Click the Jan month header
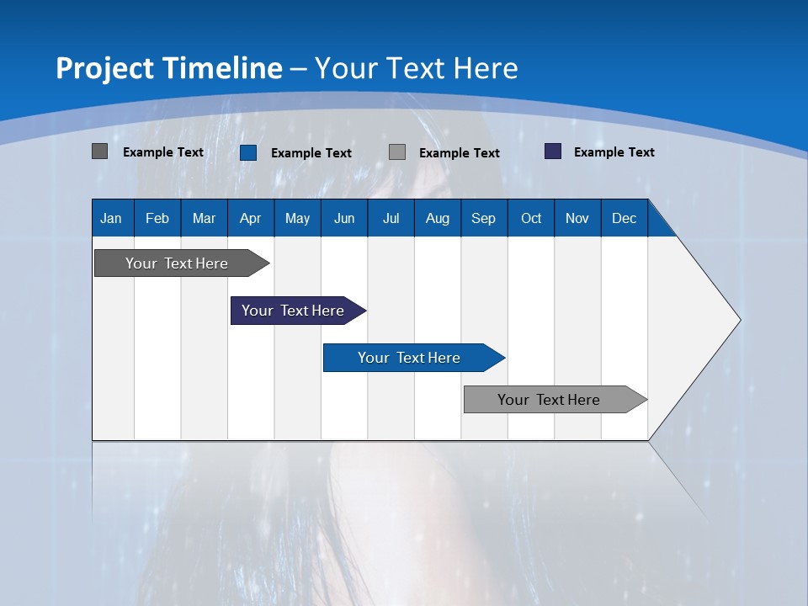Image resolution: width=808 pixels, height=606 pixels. [x=112, y=218]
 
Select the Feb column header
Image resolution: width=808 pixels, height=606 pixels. [x=157, y=218]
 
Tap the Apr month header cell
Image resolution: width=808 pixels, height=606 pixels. [x=251, y=218]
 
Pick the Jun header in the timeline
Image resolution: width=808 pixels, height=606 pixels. [x=344, y=218]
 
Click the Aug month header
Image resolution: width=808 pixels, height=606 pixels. [x=438, y=218]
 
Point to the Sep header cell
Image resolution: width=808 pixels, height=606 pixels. [x=484, y=218]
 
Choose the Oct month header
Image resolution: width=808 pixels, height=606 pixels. [x=531, y=218]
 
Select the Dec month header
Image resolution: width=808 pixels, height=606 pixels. [x=625, y=218]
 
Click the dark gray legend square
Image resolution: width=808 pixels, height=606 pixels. [x=100, y=151]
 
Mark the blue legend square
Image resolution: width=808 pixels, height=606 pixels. [x=248, y=152]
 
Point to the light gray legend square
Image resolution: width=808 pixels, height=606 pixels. [x=397, y=152]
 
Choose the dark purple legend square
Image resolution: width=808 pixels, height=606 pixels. [x=553, y=151]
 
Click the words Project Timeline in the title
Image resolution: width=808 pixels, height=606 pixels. [x=168, y=68]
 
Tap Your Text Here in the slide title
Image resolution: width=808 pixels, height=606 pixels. [x=417, y=68]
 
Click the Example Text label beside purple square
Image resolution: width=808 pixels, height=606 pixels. [x=614, y=152]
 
